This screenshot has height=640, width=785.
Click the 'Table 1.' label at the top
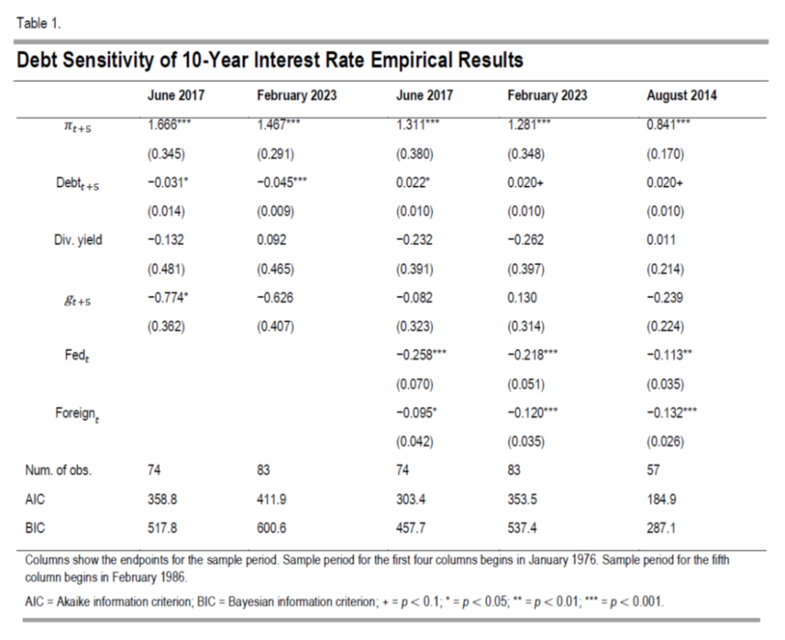[38, 23]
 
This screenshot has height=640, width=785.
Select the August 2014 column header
[682, 96]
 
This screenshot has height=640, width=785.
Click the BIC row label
[35, 527]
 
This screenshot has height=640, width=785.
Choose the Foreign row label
[77, 413]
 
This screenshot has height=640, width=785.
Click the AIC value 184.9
[661, 499]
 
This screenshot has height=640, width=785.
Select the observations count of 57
[653, 471]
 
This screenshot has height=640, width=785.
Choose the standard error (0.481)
[165, 269]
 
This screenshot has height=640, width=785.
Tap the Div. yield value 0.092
[271, 240]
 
